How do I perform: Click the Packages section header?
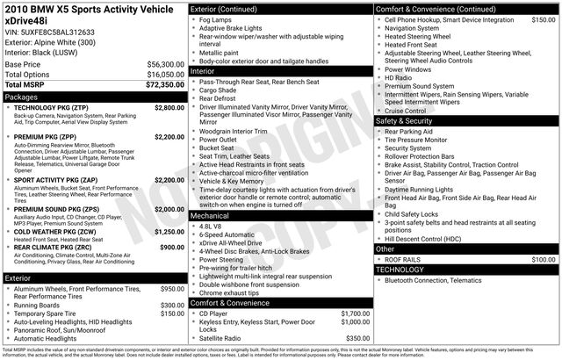tap(22, 97)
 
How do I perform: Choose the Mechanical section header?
tap(210, 214)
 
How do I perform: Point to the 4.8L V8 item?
tap(213, 226)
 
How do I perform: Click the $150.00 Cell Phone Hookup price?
tap(543, 18)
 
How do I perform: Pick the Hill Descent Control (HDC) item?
tap(429, 238)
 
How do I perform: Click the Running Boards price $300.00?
tap(172, 305)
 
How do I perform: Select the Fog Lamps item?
tap(217, 18)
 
